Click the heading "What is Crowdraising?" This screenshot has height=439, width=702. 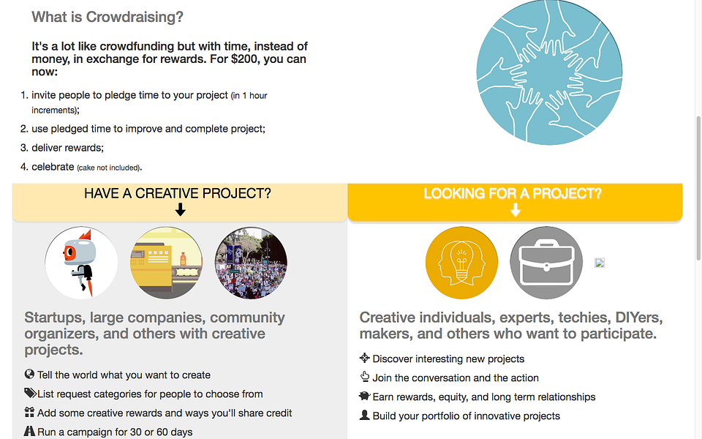click(x=107, y=17)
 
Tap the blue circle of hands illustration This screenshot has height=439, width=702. click(x=549, y=72)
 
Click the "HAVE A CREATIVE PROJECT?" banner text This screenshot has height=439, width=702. click(x=178, y=194)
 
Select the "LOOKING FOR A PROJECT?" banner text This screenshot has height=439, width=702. click(x=513, y=194)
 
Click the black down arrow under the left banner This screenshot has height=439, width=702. click(x=181, y=210)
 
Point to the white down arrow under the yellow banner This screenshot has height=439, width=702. click(x=515, y=210)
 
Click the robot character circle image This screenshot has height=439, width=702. click(x=81, y=263)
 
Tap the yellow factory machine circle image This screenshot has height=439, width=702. click(x=166, y=263)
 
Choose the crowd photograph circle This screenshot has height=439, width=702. click(x=251, y=263)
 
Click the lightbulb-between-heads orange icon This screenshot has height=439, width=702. click(x=461, y=263)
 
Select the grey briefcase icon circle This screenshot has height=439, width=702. click(x=546, y=263)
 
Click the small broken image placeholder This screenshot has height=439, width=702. click(x=600, y=263)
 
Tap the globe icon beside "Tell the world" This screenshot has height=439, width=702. click(x=30, y=375)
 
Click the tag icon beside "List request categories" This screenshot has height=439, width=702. click(x=30, y=394)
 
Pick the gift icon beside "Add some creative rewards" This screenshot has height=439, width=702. click(x=30, y=413)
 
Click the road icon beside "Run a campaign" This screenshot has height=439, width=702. click(x=30, y=432)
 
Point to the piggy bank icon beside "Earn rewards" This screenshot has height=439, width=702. click(x=365, y=397)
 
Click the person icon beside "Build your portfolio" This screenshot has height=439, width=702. click(x=365, y=416)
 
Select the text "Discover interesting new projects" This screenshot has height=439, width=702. click(x=448, y=359)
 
